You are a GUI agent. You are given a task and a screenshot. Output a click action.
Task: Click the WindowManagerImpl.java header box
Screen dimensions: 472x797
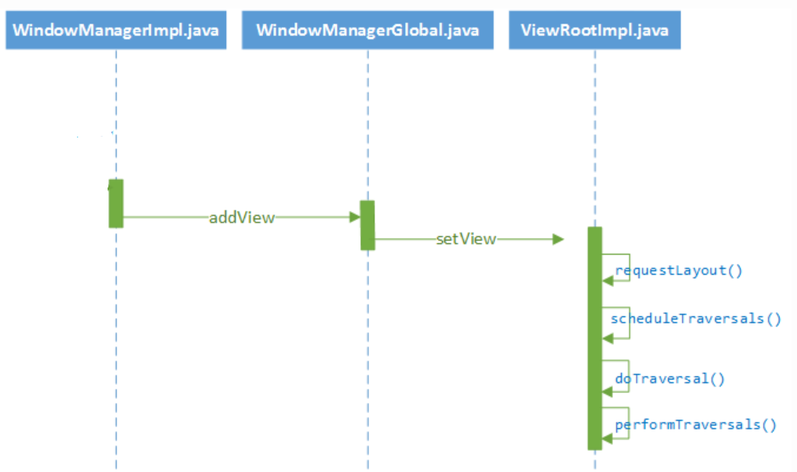pos(116,31)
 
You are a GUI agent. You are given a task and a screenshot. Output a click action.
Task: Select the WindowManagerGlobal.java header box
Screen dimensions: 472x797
pos(367,31)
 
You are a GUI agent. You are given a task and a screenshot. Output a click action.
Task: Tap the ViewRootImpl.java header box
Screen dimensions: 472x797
pos(594,31)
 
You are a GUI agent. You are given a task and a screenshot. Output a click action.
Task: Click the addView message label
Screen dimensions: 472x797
pos(242,218)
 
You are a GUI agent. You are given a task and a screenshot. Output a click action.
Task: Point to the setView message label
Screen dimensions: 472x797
pos(466,239)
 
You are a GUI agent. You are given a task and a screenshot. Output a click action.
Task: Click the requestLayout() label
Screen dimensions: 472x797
pos(678,271)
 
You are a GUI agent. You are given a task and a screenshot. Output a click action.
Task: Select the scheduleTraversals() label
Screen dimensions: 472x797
pos(696,318)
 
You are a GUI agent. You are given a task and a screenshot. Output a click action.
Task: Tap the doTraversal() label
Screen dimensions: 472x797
pos(669,379)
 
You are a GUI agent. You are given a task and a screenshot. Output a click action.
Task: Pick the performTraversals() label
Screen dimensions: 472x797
pos(695,425)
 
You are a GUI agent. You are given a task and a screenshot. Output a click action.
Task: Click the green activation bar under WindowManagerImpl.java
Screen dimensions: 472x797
pos(116,203)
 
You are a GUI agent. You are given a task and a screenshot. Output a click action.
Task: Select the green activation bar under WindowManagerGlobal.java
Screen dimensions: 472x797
pos(367,225)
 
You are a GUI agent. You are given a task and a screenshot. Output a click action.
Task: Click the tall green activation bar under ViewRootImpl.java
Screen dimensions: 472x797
pos(594,338)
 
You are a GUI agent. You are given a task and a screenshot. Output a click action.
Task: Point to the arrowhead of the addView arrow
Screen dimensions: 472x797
pos(354,218)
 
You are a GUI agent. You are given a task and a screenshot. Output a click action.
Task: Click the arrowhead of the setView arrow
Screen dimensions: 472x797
pos(558,239)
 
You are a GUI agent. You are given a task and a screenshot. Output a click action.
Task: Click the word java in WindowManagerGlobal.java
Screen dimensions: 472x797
pos(462,31)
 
